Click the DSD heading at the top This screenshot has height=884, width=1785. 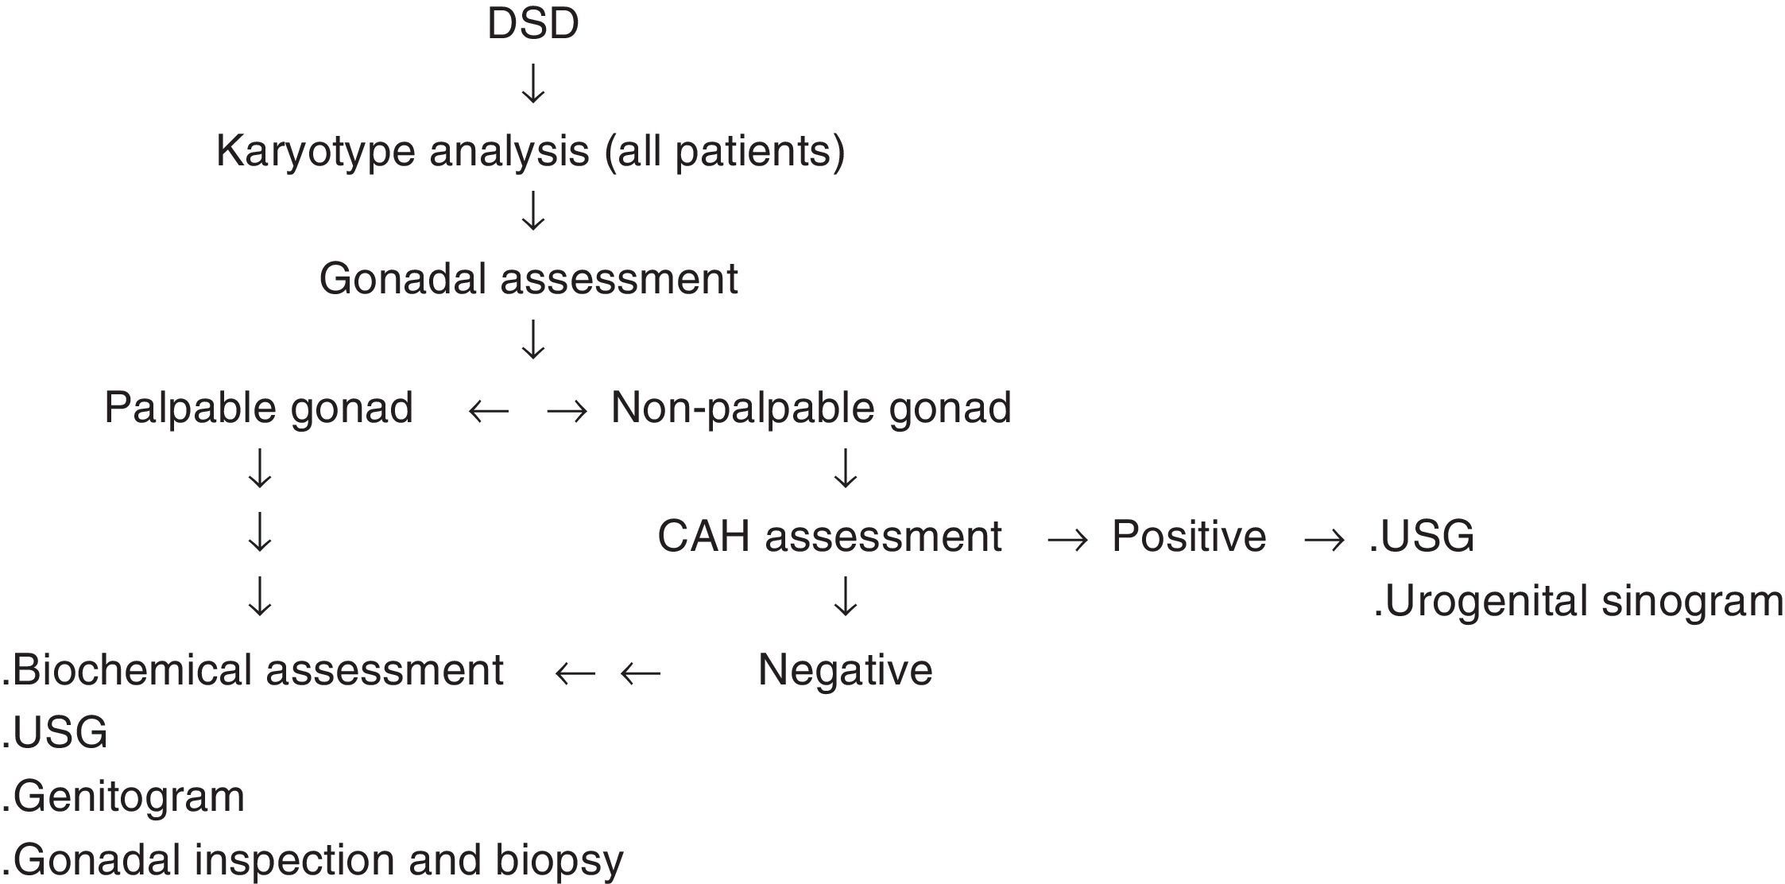click(532, 24)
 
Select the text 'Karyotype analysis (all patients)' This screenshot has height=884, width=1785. click(530, 151)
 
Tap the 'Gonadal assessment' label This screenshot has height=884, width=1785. click(529, 279)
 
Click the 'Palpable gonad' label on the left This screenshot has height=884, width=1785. click(258, 408)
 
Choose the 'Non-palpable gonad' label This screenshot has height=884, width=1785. click(811, 408)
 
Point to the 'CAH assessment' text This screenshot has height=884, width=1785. click(829, 537)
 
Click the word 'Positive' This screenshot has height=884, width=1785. click(1188, 537)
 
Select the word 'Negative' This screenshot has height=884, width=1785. click(845, 670)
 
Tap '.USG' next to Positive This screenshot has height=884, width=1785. click(1422, 537)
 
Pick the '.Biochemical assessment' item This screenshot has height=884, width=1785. click(253, 670)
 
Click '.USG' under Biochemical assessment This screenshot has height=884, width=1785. click(54, 733)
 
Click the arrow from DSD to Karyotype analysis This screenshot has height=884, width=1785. click(532, 84)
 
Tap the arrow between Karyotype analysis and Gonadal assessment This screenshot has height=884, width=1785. click(532, 211)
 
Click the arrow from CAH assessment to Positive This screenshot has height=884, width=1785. click(1067, 541)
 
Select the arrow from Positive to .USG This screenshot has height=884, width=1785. click(1325, 541)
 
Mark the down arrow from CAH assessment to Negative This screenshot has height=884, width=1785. click(845, 598)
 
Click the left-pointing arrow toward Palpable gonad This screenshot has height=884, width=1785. click(488, 411)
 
